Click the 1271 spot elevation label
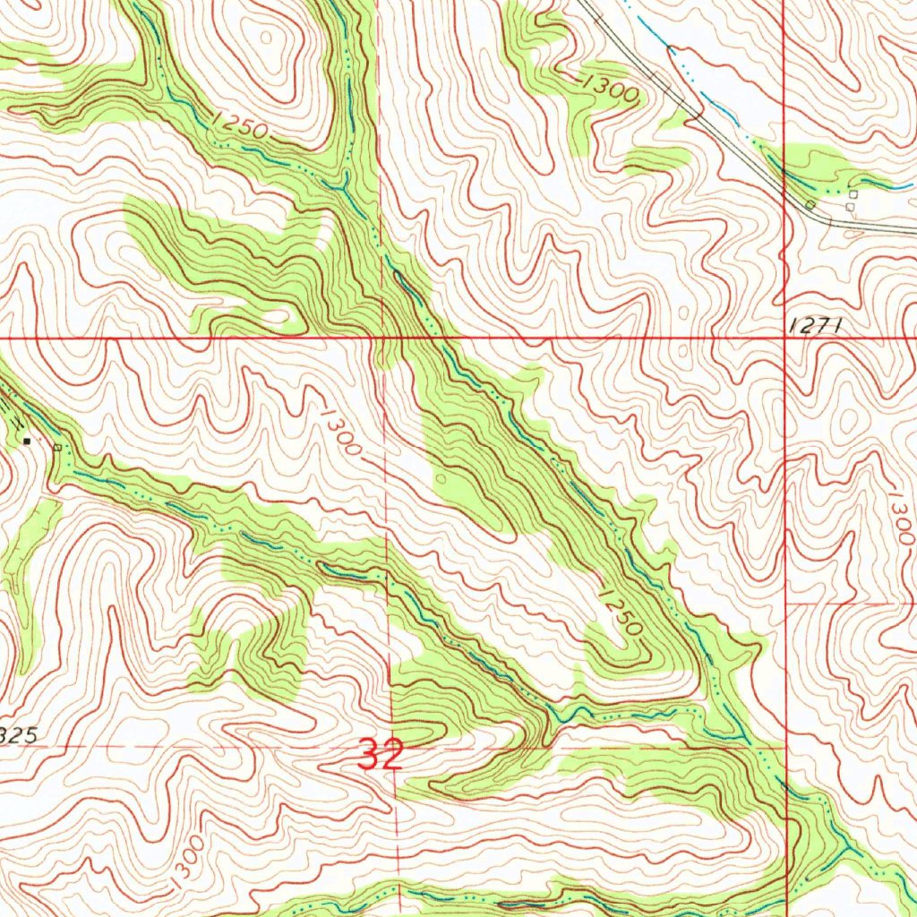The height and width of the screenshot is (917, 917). [816, 328]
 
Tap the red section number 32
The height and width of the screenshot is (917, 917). [381, 755]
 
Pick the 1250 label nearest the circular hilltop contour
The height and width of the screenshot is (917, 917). [240, 128]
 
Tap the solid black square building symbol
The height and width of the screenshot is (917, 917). [27, 441]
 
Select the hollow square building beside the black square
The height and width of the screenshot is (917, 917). [58, 446]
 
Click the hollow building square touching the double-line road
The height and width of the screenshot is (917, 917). [810, 206]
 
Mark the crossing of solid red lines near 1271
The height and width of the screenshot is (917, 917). [784, 339]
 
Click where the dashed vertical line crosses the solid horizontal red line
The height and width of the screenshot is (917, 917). [382, 339]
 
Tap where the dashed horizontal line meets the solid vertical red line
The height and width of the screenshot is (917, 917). [785, 746]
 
